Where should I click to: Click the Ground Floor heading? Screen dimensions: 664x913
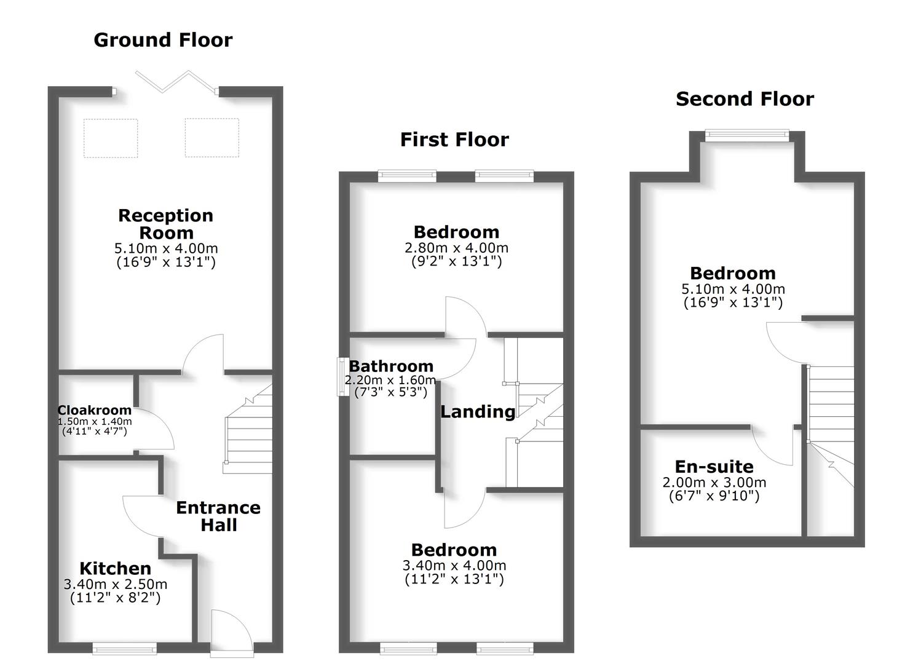pos(163,40)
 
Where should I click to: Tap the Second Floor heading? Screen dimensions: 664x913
pos(745,99)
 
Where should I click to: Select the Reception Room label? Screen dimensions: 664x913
pos(166,224)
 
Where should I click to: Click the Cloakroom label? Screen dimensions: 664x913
pos(94,410)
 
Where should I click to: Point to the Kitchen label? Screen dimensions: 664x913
pos(115,568)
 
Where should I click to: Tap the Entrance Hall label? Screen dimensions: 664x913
pos(218,516)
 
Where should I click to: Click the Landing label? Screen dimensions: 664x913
pos(478,411)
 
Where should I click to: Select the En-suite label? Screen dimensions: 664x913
pos(714,467)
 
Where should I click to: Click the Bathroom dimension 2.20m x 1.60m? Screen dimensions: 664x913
pos(390,380)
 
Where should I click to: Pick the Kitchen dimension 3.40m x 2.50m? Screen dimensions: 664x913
pos(115,584)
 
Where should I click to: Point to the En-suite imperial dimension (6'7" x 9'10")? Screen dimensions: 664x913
pos(714,496)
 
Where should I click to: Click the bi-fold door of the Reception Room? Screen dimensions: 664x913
pos(176,82)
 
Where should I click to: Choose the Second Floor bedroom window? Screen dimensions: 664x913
pos(746,136)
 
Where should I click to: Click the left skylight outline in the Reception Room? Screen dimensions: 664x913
pos(111,138)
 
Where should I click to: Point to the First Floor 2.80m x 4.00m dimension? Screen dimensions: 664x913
pos(456,248)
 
